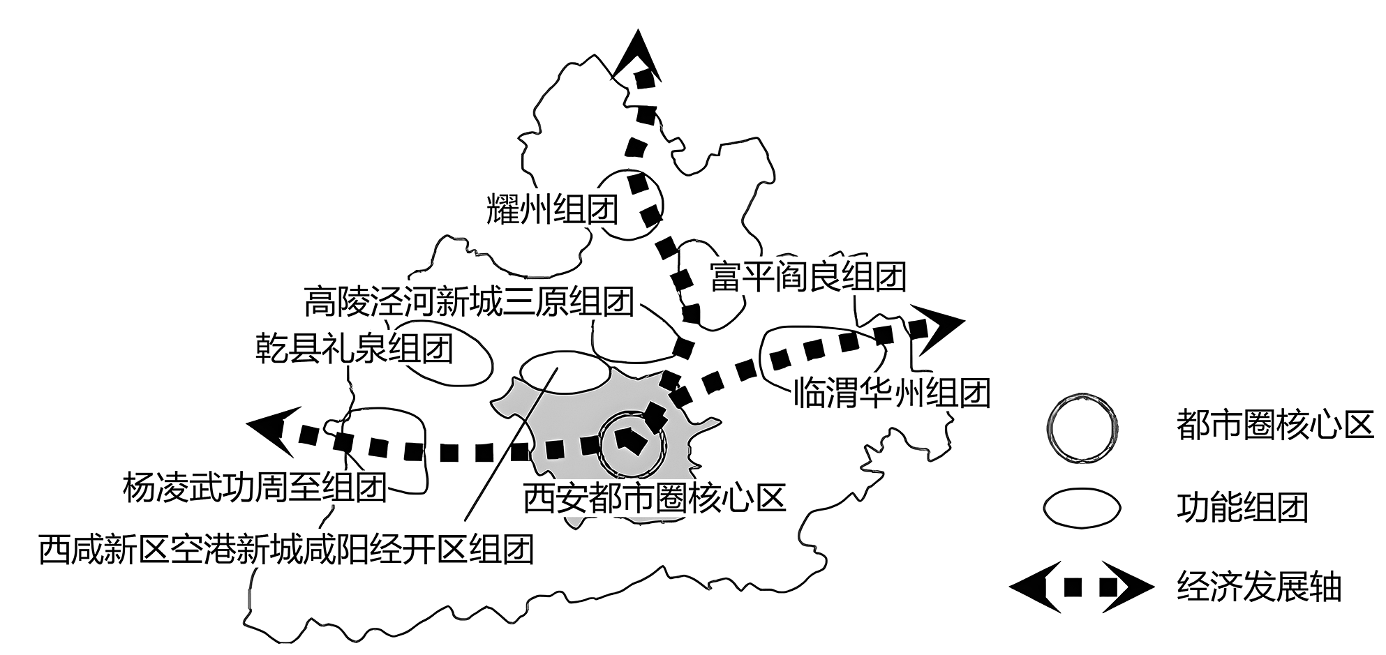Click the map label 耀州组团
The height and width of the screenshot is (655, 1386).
click(553, 209)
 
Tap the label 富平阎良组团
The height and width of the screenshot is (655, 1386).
click(808, 277)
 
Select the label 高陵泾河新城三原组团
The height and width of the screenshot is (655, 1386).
click(469, 302)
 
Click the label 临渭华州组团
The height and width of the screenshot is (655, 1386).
click(893, 393)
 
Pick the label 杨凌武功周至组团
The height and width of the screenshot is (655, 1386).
click(255, 488)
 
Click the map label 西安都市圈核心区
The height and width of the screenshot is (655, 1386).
click(655, 498)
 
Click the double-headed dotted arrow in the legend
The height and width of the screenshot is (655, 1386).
click(1080, 587)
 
